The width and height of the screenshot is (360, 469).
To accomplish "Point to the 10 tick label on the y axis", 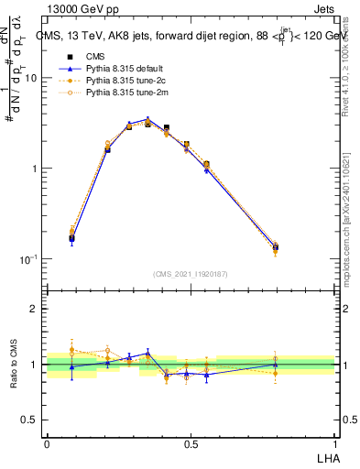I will pos(30,79).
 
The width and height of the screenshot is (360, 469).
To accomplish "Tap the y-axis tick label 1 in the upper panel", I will pos(34,169).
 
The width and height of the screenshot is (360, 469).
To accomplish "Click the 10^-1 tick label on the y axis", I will pos(27,259).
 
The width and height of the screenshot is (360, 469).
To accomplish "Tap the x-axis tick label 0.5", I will pos(190,443).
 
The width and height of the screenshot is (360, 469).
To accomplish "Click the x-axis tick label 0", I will pos(47,443).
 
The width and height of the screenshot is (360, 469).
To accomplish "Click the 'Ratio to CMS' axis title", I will pos(13,365).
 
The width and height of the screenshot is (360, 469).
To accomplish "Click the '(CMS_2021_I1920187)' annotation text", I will pos(190,274).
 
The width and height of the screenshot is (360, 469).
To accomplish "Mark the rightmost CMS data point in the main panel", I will pos(275,247).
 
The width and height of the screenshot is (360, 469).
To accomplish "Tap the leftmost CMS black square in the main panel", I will pos(71,238).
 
